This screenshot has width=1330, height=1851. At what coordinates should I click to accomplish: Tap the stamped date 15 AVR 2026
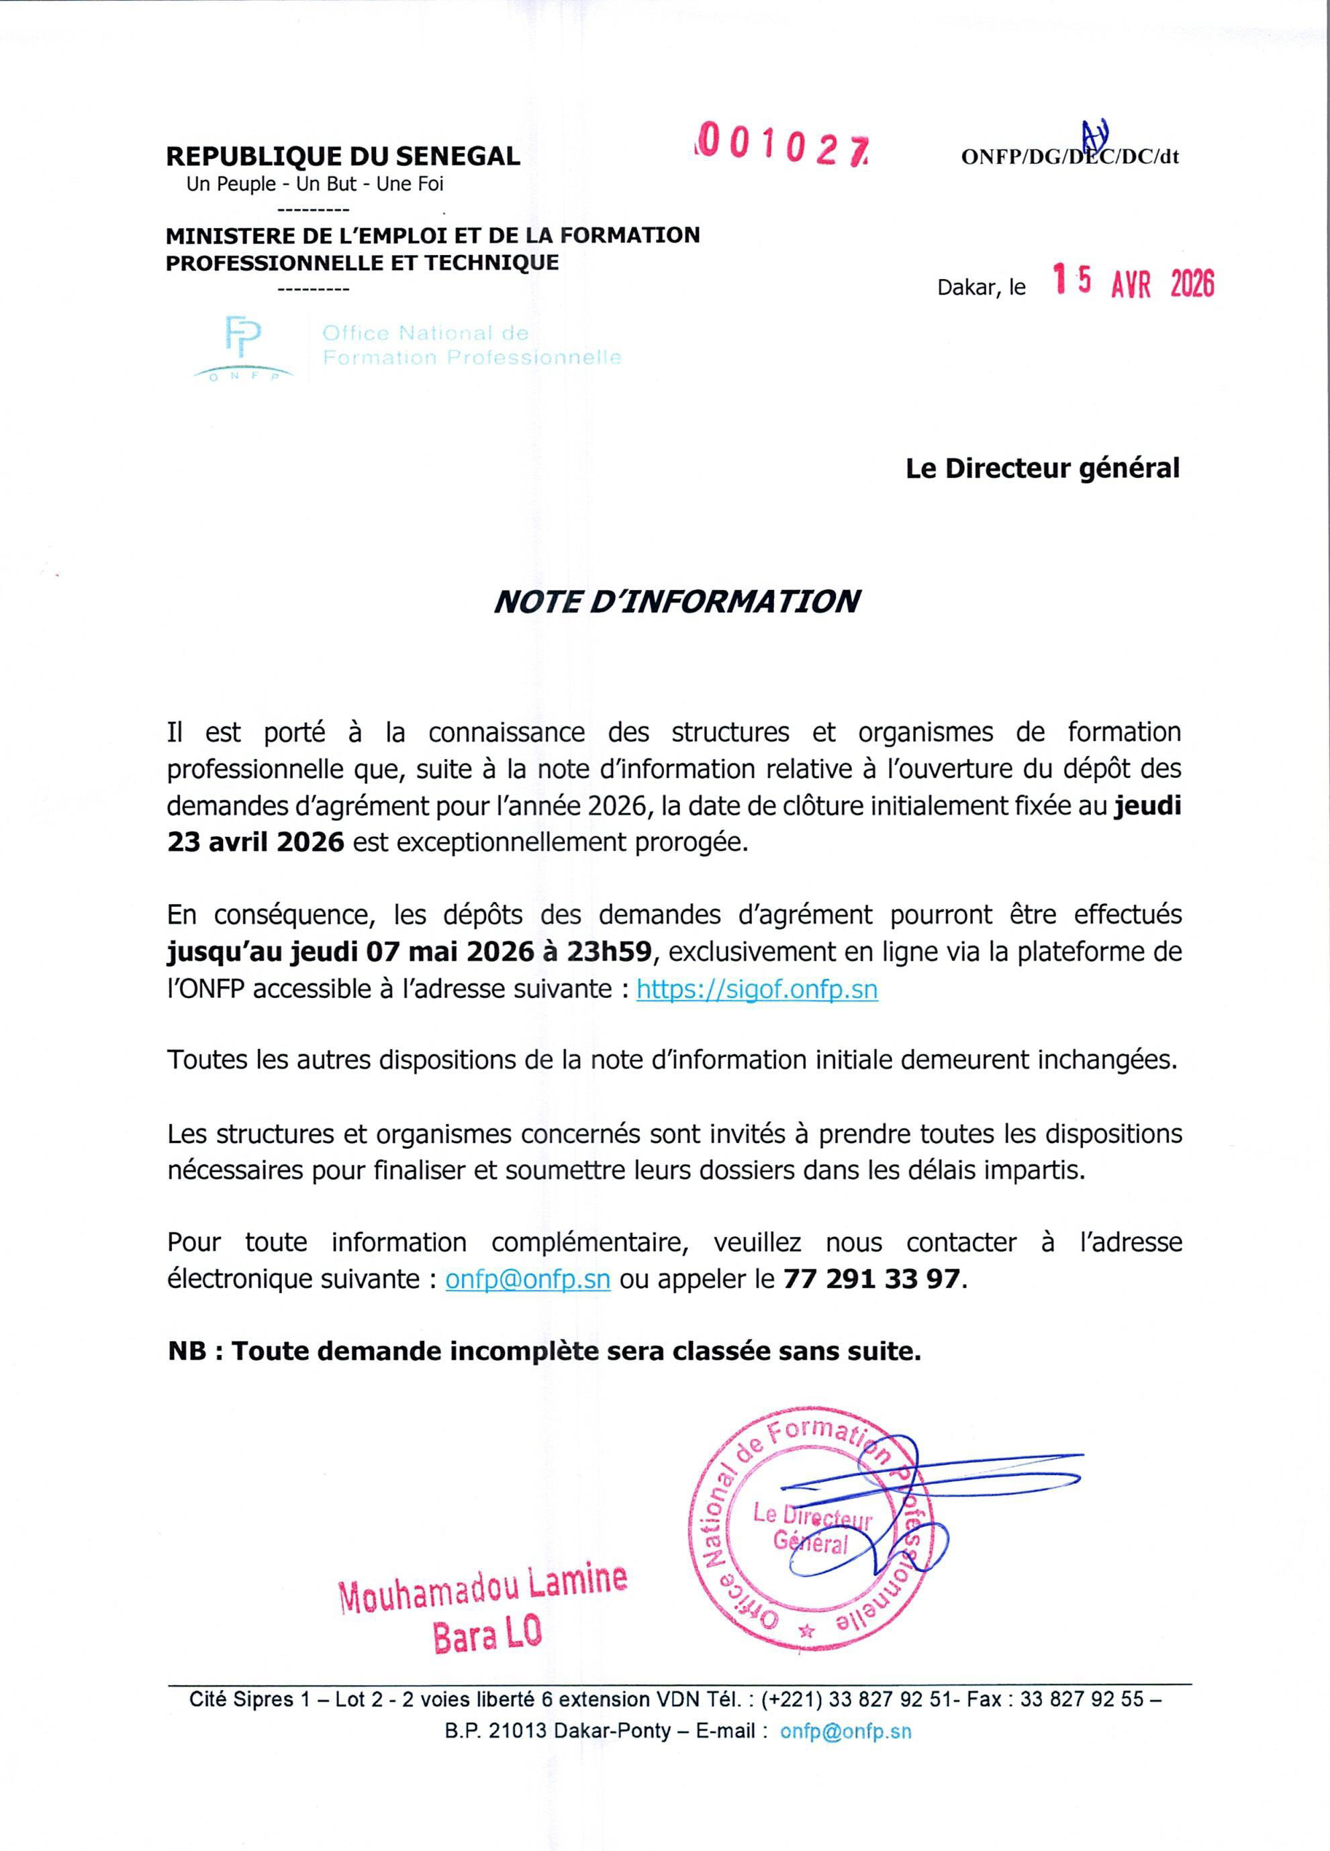(1133, 283)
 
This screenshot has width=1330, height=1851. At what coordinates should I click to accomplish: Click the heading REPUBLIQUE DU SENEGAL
(343, 156)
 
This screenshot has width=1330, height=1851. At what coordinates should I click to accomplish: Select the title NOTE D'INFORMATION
(677, 601)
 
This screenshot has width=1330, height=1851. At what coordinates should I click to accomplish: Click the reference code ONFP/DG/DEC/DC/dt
(1070, 156)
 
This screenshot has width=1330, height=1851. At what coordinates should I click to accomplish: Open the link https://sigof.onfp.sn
(757, 989)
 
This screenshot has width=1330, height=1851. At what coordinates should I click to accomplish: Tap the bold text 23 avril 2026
(256, 842)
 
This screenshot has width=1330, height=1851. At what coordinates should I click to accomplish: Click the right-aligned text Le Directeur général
(1043, 468)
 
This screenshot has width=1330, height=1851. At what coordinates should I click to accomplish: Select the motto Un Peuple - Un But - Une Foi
(315, 185)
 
